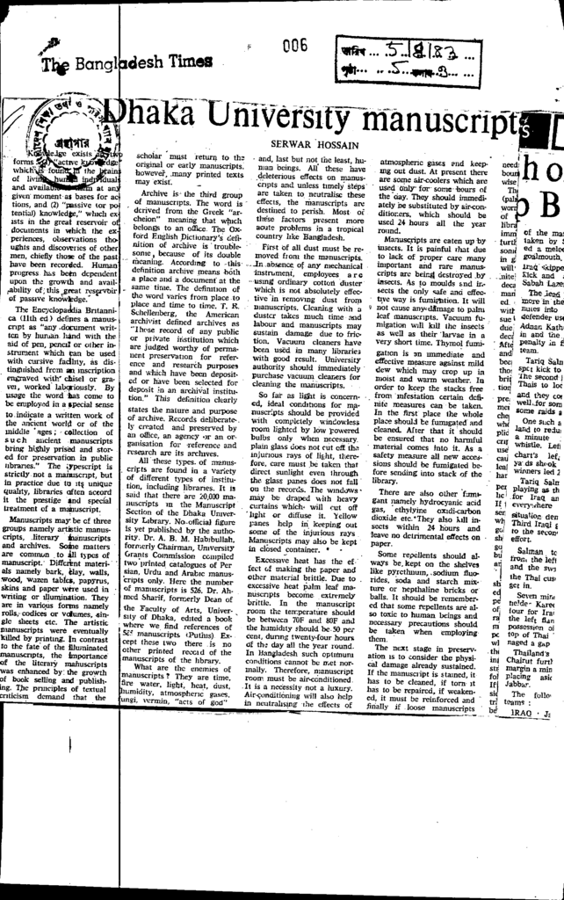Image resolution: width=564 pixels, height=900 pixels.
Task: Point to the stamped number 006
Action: pos(295,46)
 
